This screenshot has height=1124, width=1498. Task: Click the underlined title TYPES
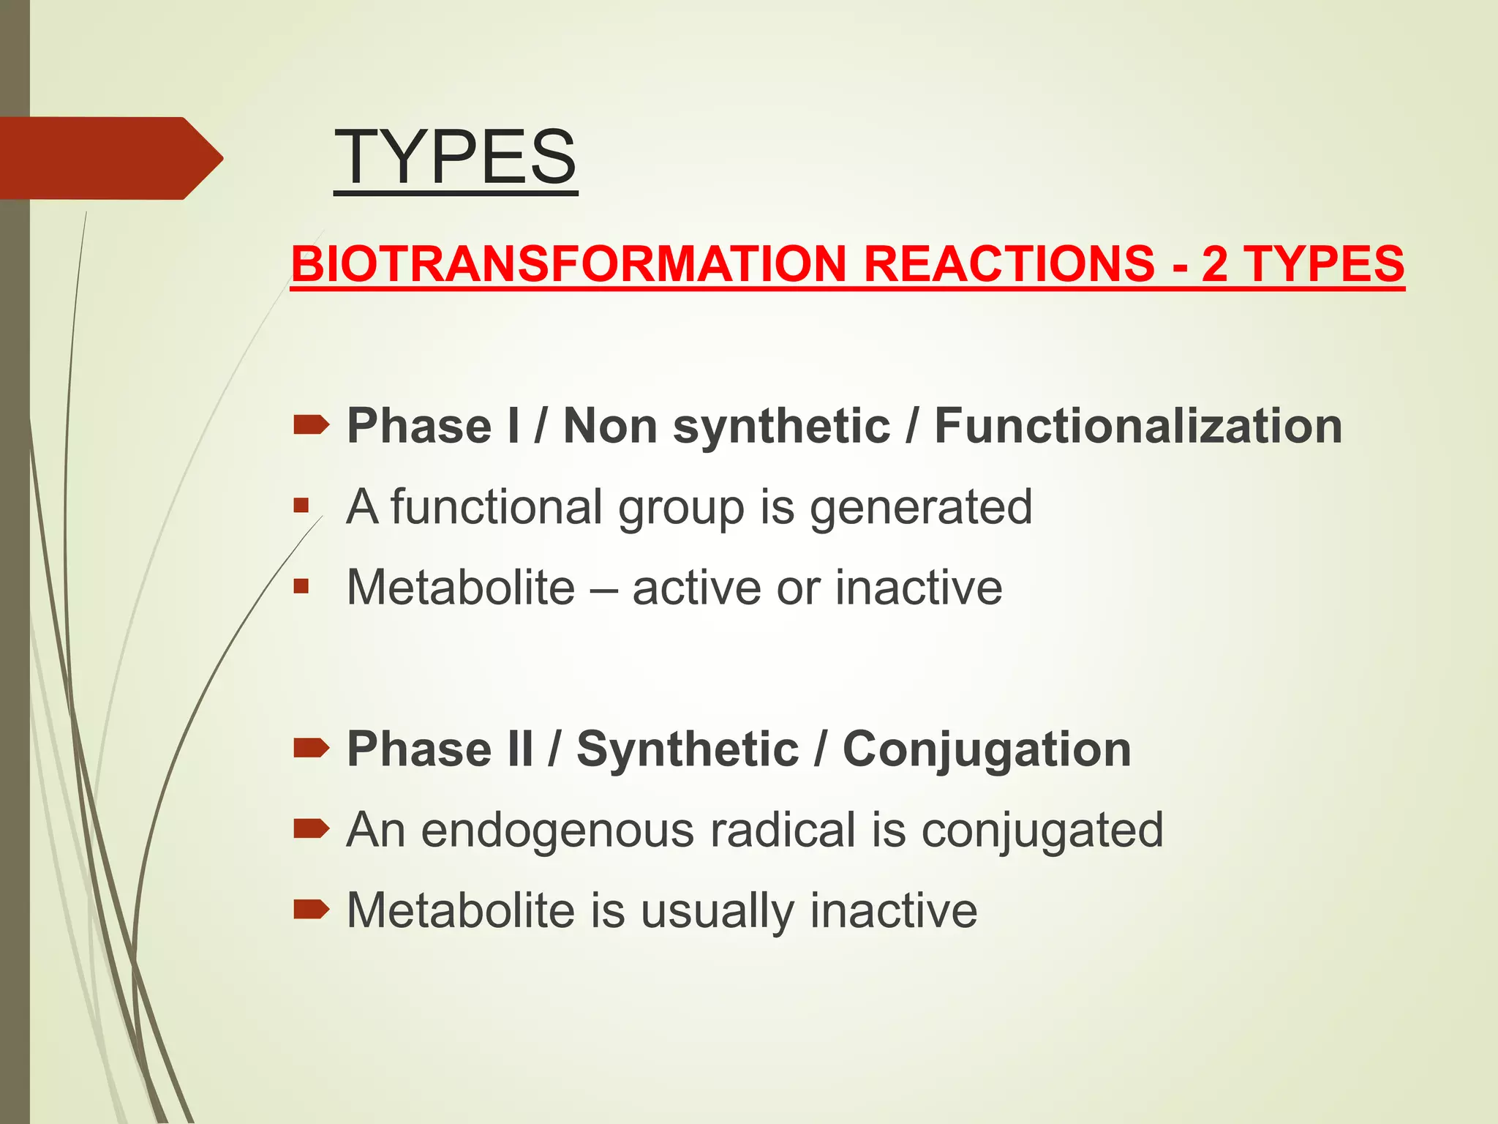(455, 157)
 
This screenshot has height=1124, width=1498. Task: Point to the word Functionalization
(1138, 426)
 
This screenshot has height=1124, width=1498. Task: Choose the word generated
(921, 507)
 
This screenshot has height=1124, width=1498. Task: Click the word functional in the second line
(496, 507)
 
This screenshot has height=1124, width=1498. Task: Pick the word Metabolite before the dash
(461, 588)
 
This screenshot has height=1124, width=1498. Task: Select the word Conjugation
(987, 749)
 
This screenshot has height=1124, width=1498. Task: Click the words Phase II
(440, 749)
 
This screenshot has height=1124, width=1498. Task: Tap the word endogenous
(557, 831)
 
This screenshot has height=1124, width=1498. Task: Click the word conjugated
(1042, 831)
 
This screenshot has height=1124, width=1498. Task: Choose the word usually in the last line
(718, 911)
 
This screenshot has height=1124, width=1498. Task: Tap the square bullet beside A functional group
(301, 506)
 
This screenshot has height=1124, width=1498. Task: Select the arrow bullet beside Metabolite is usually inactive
(311, 910)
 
